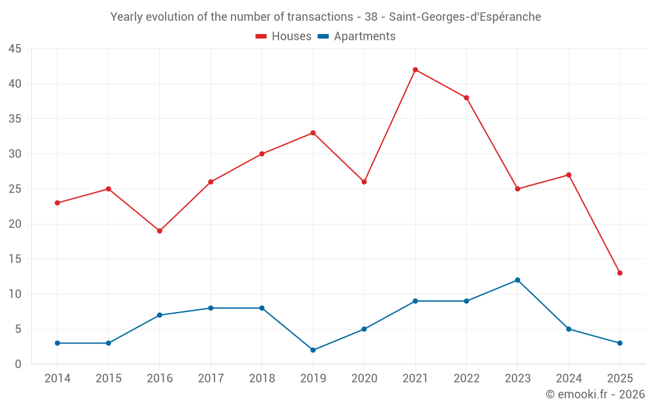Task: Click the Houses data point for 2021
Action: coord(415,70)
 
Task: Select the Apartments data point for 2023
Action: coord(518,280)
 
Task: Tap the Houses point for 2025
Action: coord(620,273)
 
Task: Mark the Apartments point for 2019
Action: coord(313,350)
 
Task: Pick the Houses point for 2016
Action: coord(159,231)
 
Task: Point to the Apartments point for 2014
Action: coord(57,343)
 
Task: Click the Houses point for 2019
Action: coord(313,133)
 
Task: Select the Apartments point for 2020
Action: coord(364,329)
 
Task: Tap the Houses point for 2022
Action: coord(466,98)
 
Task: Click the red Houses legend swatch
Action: coord(261,37)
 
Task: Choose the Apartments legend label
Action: coord(364,37)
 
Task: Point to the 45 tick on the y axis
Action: coord(15,49)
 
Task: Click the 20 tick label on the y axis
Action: coord(15,224)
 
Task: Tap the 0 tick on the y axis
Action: coord(18,364)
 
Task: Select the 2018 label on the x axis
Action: coord(261,379)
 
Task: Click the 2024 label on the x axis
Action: coord(569,379)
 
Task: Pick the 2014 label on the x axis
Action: coord(57,379)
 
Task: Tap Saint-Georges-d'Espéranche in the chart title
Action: coord(465,17)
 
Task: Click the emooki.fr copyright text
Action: coord(595,394)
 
